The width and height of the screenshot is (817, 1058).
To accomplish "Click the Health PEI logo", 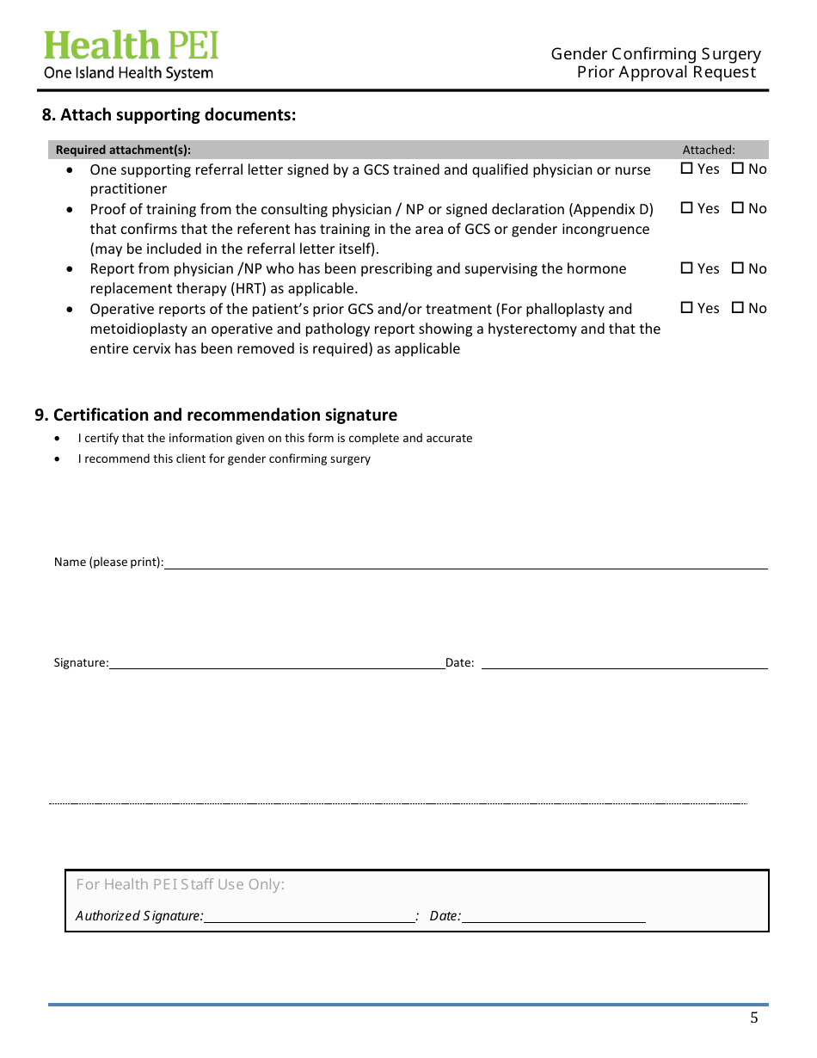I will (x=131, y=55).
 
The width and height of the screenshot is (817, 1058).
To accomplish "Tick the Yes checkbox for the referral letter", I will (x=687, y=169).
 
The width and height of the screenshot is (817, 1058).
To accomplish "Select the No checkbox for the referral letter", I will (x=738, y=169).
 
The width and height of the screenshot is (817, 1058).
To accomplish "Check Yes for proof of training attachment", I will (x=687, y=208).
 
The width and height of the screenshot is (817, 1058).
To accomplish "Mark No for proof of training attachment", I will (x=738, y=208).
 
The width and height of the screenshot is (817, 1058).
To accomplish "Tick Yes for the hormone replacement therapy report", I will (x=687, y=268).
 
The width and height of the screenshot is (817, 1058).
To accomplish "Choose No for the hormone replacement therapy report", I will (x=738, y=268).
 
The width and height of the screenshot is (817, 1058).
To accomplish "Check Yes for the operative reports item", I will (x=687, y=308).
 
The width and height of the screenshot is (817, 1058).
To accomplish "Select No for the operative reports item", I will (x=738, y=308).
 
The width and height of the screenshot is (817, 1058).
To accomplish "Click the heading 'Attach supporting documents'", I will (x=169, y=115).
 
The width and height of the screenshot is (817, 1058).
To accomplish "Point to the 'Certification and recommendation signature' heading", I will (x=216, y=415).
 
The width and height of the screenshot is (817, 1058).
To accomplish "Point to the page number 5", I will (x=754, y=1018).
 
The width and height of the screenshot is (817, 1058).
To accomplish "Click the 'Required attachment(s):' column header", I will (x=123, y=150).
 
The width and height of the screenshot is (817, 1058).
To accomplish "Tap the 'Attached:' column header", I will (x=709, y=150).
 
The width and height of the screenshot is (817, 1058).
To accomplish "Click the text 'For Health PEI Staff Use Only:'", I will (x=180, y=884).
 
